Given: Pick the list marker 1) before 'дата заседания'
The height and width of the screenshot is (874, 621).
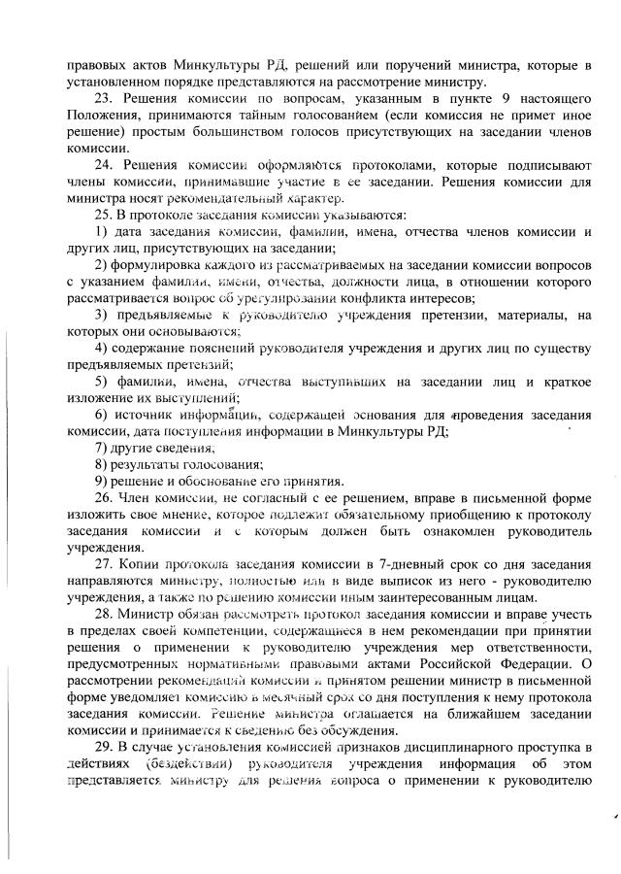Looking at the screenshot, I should tap(100, 232).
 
